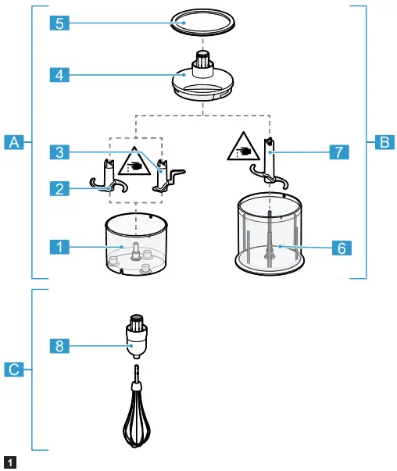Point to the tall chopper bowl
pos(268,234)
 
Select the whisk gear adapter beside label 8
pos(138,337)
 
